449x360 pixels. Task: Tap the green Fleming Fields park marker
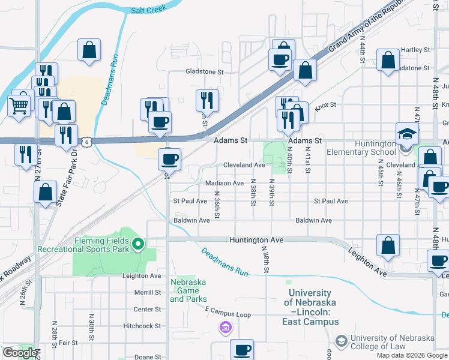tap(138, 244)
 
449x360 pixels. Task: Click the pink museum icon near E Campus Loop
tap(225, 327)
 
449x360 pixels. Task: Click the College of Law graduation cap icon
tap(342, 340)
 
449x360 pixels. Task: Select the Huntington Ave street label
tap(256, 239)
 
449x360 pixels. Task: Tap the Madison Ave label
tap(224, 183)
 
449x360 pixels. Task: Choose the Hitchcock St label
tap(142, 326)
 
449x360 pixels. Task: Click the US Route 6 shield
tap(88, 142)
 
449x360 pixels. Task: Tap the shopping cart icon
tap(19, 106)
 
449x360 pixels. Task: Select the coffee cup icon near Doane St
tap(243, 349)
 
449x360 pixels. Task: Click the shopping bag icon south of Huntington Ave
tap(388, 245)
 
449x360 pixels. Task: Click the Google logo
tap(19, 353)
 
